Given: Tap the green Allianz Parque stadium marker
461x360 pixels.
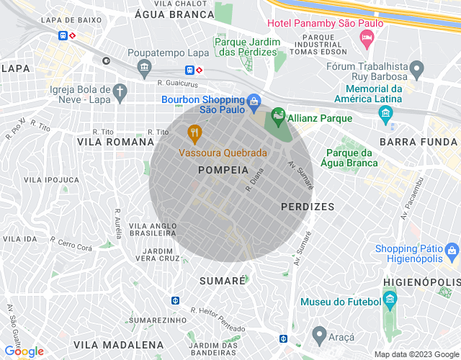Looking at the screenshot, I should (278, 115).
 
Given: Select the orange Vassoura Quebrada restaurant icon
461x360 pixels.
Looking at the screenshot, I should (194, 133).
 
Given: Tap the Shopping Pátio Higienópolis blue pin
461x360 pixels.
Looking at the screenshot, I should (452, 252).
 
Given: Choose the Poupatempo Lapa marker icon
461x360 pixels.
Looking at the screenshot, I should (145, 68).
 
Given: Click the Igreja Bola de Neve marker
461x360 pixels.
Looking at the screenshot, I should (120, 91).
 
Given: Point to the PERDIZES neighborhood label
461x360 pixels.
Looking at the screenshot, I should (307, 207).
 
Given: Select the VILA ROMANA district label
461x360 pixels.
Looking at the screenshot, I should (105, 143).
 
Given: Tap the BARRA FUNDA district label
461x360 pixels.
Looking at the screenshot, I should (419, 142).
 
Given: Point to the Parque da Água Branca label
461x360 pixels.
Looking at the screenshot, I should (349, 158).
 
